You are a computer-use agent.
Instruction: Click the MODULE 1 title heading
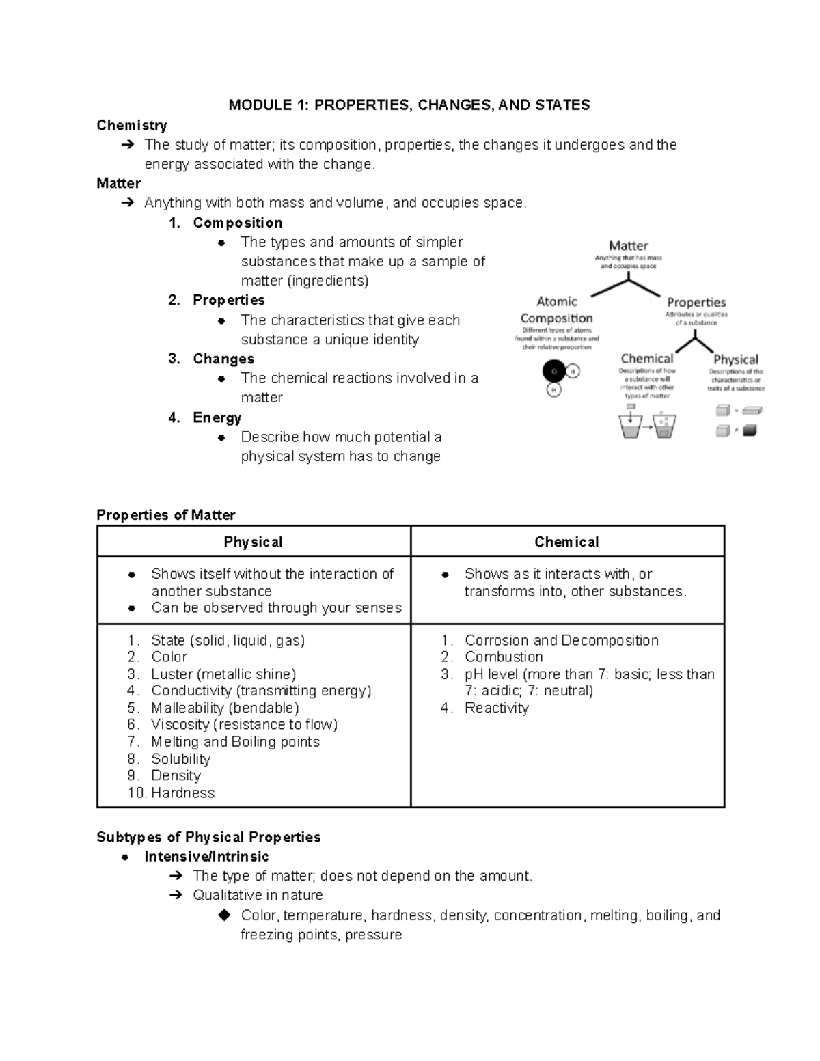tap(409, 105)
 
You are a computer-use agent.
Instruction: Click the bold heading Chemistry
tap(132, 125)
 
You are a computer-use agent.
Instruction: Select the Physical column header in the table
tap(253, 542)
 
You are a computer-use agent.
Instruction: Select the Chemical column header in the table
tap(566, 542)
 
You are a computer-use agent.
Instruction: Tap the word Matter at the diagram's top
tap(628, 245)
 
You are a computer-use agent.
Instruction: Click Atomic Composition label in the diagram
tap(556, 309)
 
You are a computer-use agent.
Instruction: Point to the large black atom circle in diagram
tap(553, 371)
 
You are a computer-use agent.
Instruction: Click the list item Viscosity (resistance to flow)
tap(244, 724)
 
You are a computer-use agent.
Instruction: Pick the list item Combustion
tap(504, 657)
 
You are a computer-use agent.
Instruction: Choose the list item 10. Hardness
tap(172, 793)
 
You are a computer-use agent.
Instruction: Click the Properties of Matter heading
tap(166, 515)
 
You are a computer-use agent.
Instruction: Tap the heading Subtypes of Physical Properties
tap(208, 837)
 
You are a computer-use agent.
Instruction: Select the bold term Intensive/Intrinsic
tap(206, 856)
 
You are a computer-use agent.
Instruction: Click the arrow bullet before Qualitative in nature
tap(175, 895)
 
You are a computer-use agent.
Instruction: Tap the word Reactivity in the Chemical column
tap(496, 708)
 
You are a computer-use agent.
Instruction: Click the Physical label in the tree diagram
tap(735, 359)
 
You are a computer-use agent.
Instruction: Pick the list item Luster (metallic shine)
tap(223, 674)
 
